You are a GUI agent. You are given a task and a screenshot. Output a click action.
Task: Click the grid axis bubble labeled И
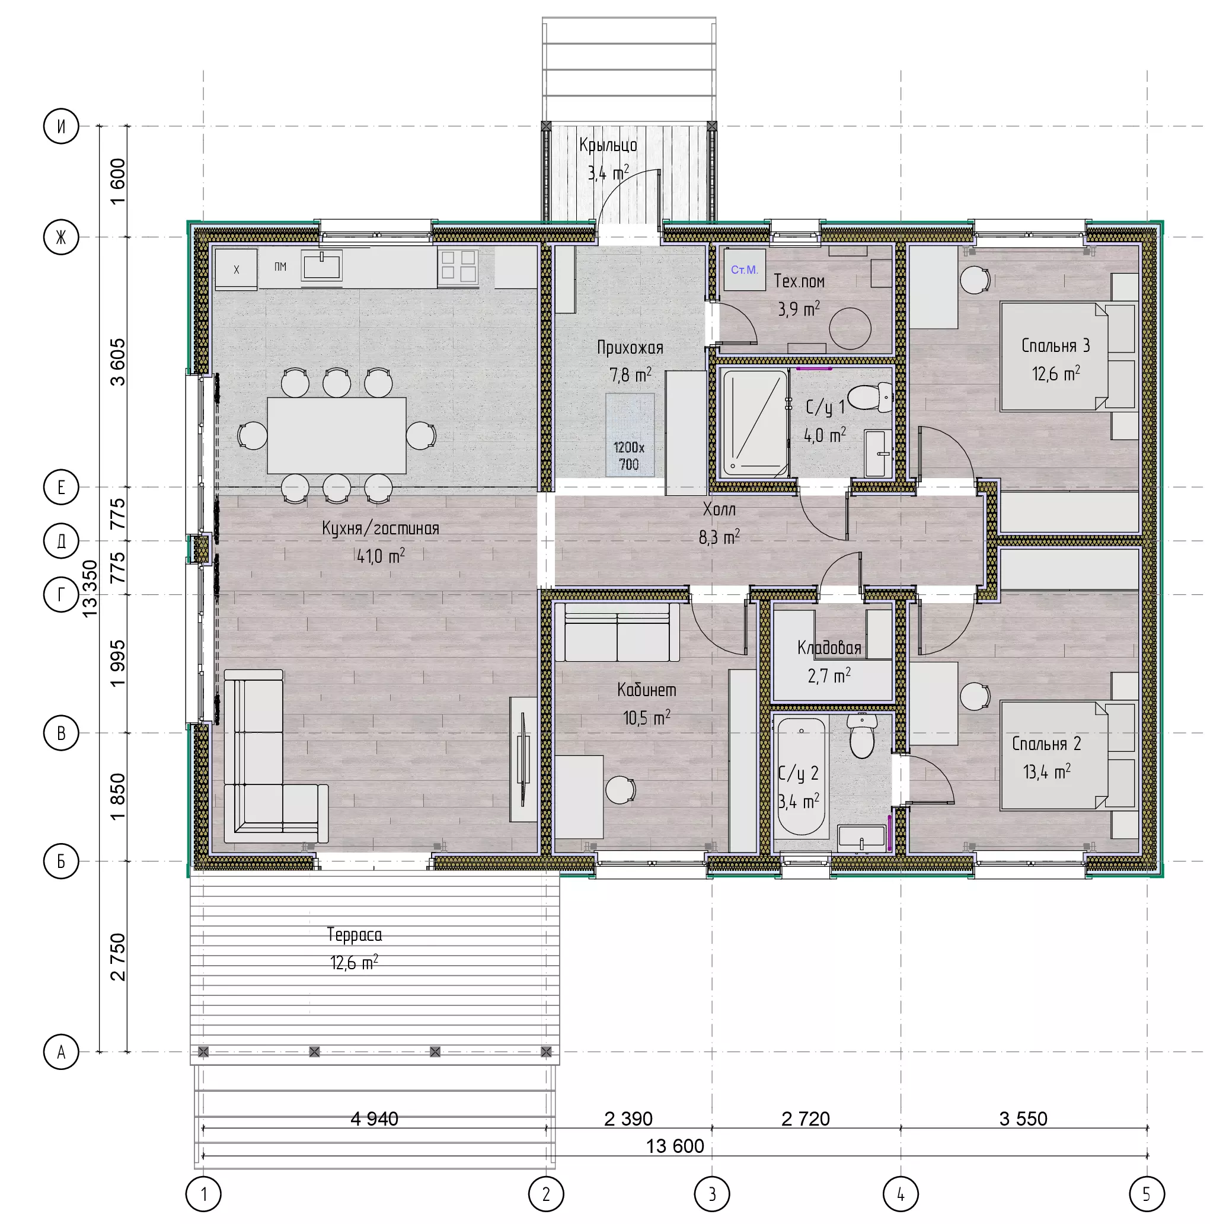tap(61, 126)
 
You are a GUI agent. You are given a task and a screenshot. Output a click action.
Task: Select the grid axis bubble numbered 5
tap(1147, 1194)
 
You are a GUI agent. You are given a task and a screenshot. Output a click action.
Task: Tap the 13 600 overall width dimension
tap(675, 1145)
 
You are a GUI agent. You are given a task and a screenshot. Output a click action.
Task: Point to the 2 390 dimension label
tap(628, 1118)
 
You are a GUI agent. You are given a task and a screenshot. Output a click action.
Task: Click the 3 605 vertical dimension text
tap(118, 363)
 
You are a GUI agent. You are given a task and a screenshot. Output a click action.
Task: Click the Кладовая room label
tap(829, 648)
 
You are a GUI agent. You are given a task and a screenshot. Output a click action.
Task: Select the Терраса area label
tap(355, 934)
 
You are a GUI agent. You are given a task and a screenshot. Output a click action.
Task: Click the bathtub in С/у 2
tap(801, 776)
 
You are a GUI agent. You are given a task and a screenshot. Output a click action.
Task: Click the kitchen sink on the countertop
tap(322, 265)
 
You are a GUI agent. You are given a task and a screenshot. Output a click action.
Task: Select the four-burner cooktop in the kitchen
tap(458, 266)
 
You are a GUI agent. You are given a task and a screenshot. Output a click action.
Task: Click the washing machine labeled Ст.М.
tap(745, 270)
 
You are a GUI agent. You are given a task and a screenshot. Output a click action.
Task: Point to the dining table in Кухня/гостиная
tap(337, 435)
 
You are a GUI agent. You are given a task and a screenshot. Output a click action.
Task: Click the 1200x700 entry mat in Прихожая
tap(630, 435)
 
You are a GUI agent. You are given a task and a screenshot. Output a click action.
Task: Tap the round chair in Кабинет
tap(621, 789)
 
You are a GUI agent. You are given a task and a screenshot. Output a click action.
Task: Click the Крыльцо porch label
tap(608, 145)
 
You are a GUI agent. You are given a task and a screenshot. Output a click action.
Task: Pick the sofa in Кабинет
tap(617, 632)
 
